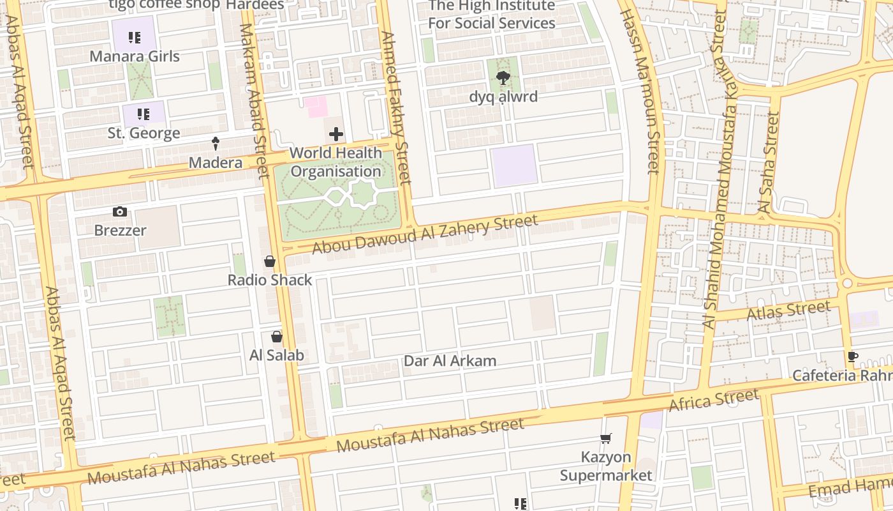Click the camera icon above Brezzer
119,211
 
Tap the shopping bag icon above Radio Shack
270,261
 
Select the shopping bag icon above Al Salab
277,336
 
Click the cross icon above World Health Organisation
336,134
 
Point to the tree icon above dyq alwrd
503,78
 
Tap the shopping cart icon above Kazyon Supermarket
606,438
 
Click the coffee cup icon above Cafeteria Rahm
853,356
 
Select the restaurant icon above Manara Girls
134,38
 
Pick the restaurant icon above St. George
144,114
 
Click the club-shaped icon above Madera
216,143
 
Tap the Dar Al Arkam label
450,361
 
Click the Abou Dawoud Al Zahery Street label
425,234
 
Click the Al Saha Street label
767,162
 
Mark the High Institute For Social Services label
491,15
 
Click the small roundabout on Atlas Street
847,283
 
